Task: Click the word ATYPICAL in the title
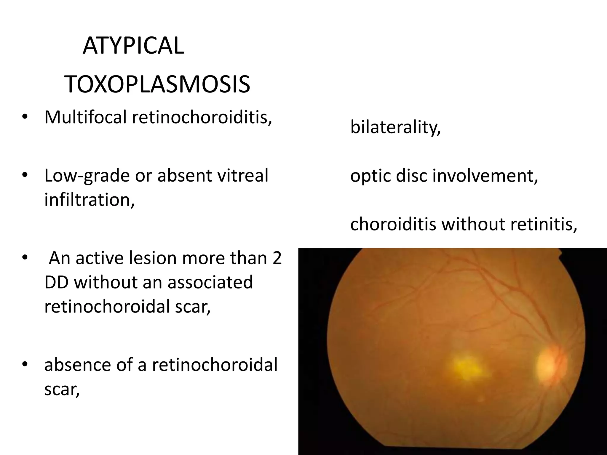pyautogui.click(x=133, y=46)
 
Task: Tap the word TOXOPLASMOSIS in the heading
pyautogui.click(x=157, y=85)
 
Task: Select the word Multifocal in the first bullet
pyautogui.click(x=85, y=117)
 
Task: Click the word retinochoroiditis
pyautogui.click(x=202, y=117)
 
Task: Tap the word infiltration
pyautogui.click(x=89, y=199)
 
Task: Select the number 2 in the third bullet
pyautogui.click(x=277, y=258)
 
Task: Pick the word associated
pyautogui.click(x=210, y=282)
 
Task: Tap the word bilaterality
pyautogui.click(x=395, y=127)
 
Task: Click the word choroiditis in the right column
pyautogui.click(x=393, y=224)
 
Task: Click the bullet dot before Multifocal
pyautogui.click(x=25, y=118)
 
